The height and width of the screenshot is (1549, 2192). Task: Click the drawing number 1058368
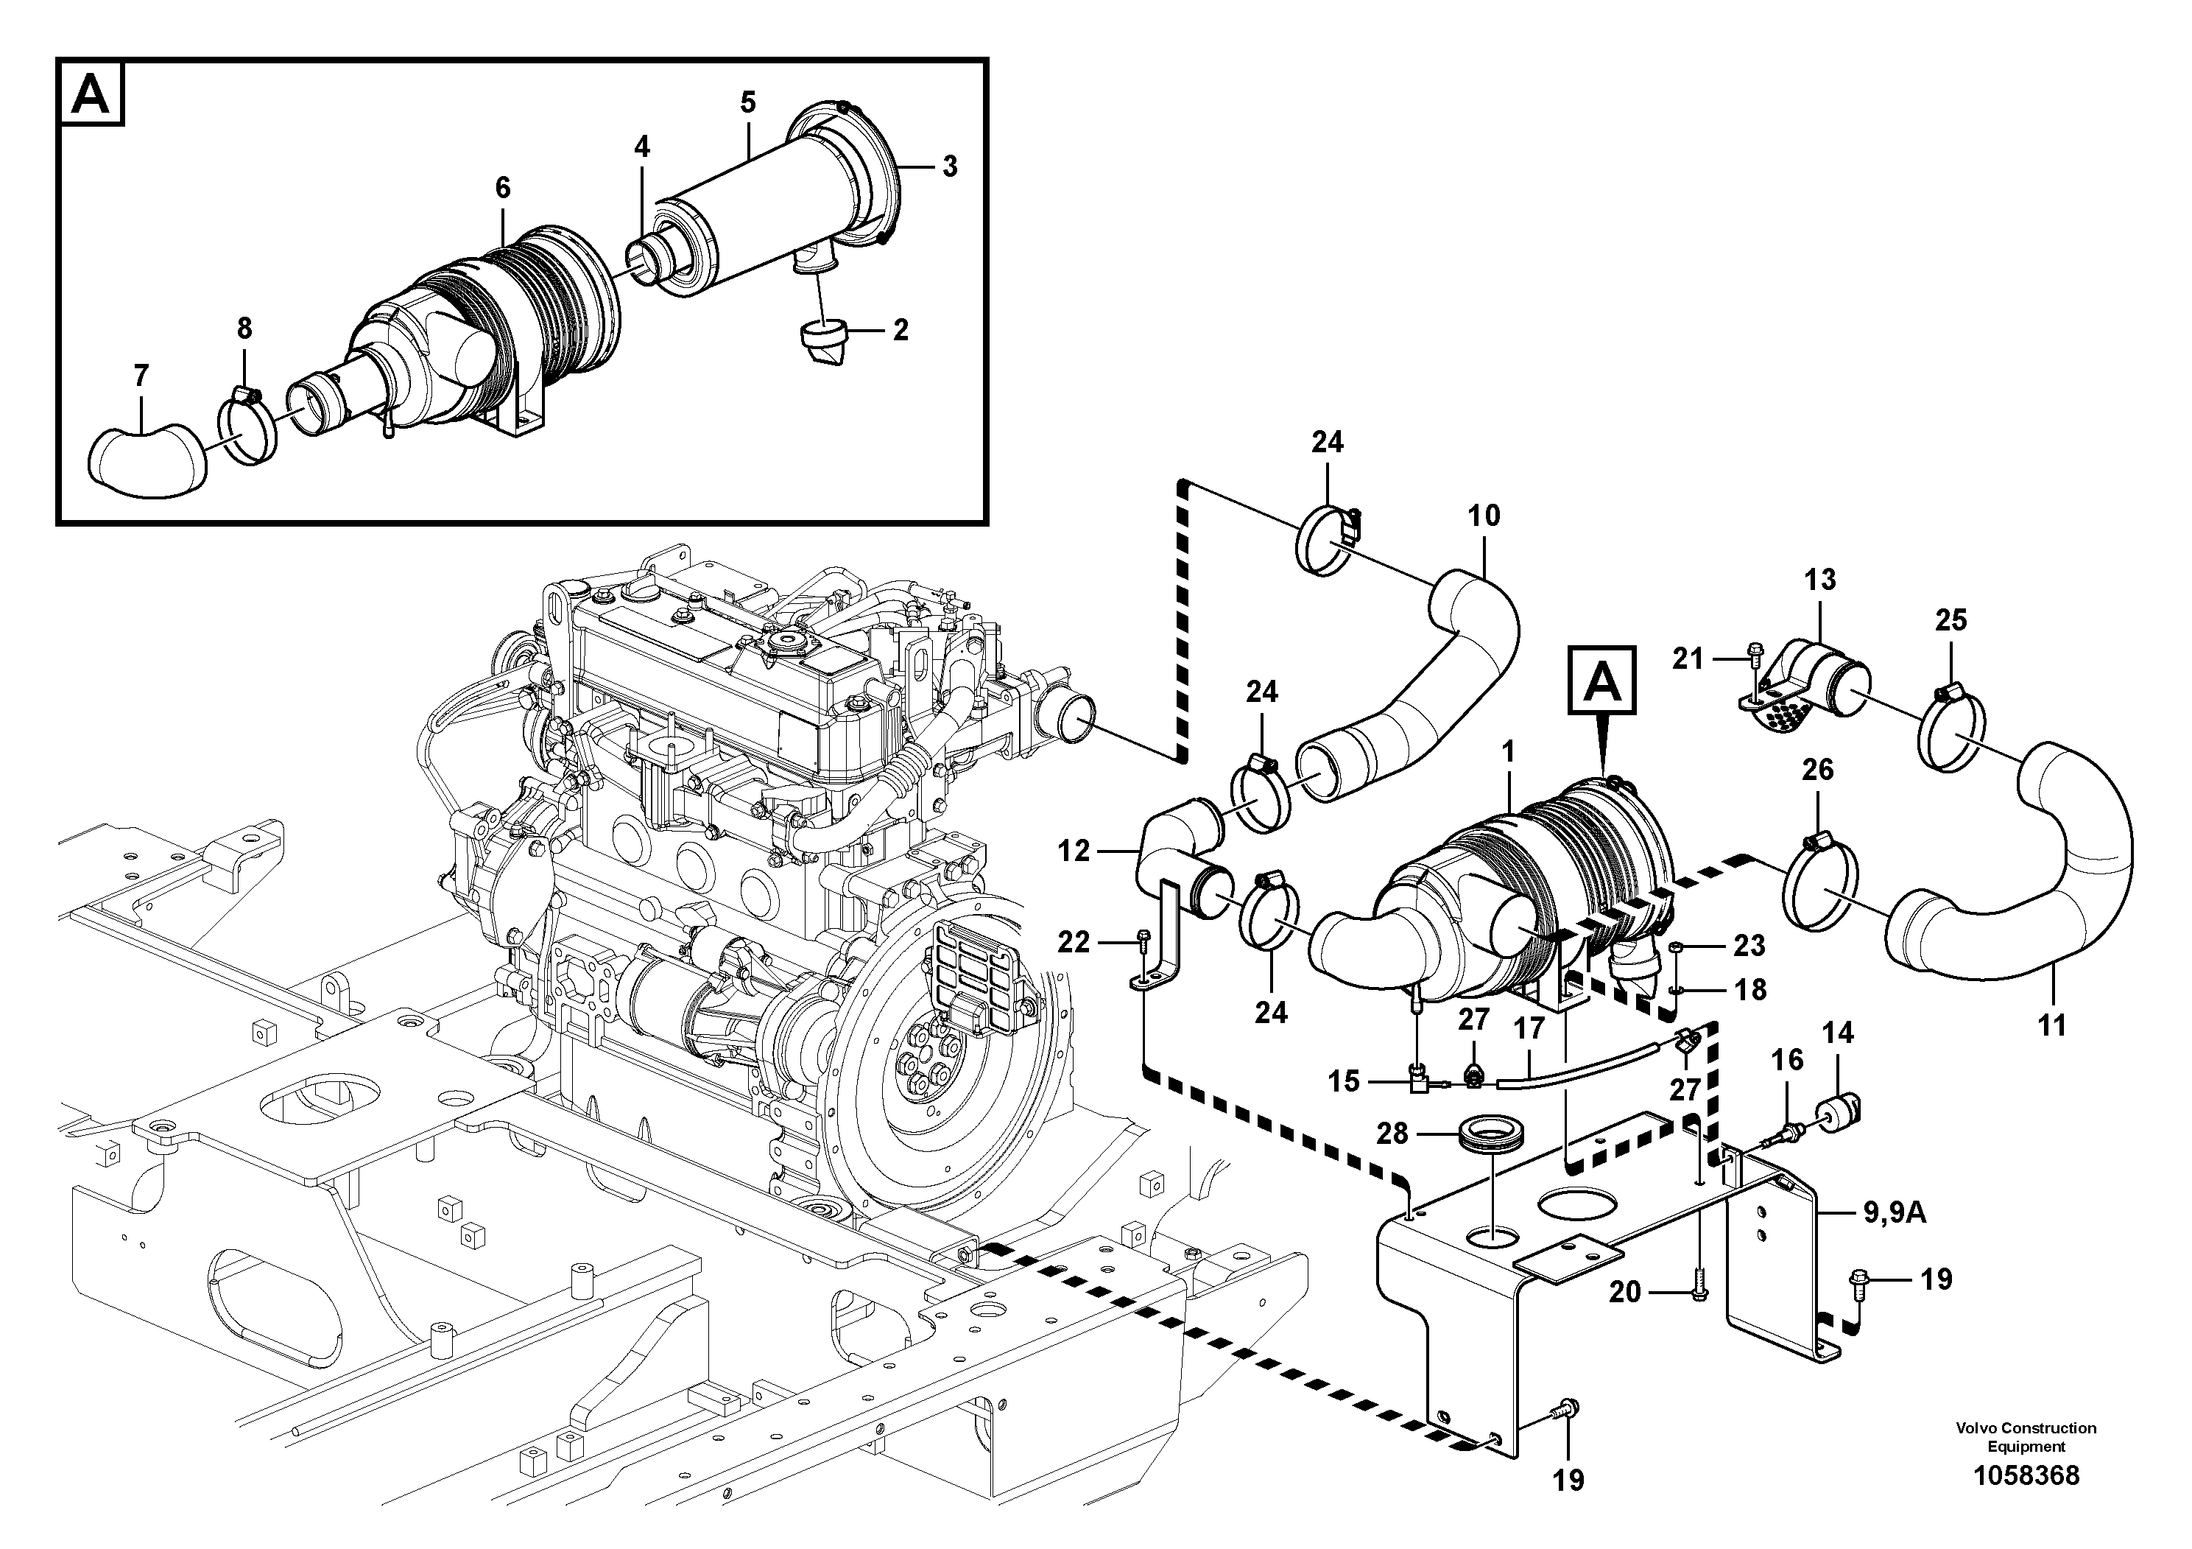[x=2025, y=1475]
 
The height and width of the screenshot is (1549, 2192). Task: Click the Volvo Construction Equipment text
[x=2025, y=1436]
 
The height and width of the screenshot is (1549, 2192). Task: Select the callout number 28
[x=1392, y=1134]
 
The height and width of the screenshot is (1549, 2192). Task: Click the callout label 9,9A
[x=1894, y=1213]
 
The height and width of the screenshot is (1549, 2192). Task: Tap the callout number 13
[x=1819, y=579]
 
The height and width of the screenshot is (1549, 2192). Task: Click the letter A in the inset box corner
[x=91, y=94]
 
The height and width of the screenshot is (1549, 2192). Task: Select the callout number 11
[x=2051, y=1025]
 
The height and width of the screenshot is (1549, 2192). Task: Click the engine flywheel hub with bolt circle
[x=923, y=1060]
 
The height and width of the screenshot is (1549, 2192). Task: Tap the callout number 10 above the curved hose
[x=1484, y=516]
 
